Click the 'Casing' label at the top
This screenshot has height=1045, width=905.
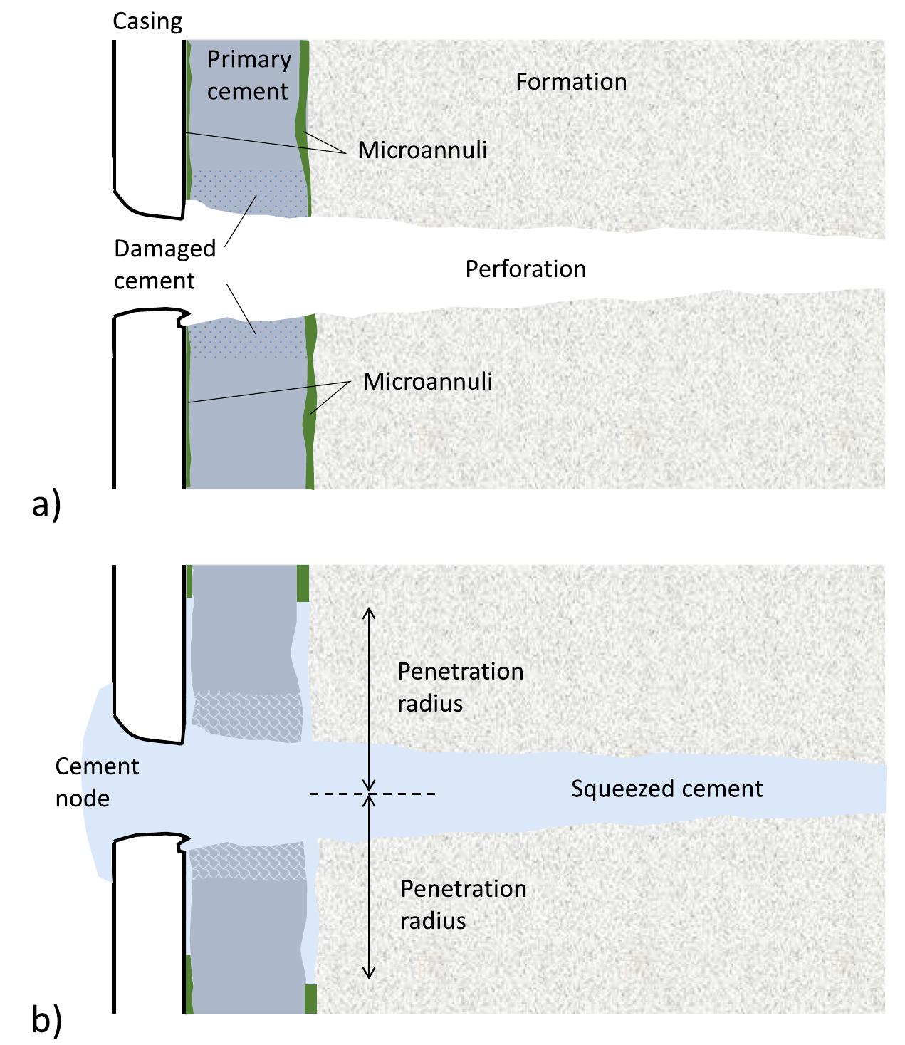[147, 22]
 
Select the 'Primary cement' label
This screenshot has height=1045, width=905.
[249, 75]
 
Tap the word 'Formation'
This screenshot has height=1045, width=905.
[571, 82]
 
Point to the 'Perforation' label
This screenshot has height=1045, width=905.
[525, 269]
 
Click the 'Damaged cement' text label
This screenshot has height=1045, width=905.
[164, 264]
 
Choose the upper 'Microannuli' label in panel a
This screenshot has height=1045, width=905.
[422, 150]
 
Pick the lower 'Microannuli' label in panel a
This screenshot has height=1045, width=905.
[427, 382]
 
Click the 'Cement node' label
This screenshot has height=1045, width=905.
[96, 782]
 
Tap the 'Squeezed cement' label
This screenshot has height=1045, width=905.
[666, 789]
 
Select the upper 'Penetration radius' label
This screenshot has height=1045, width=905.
[460, 687]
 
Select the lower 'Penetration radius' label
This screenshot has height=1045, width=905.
[463, 905]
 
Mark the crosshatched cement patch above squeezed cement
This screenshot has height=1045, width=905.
[246, 716]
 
